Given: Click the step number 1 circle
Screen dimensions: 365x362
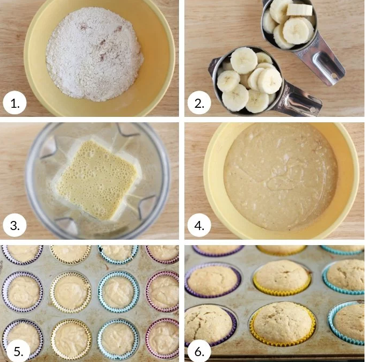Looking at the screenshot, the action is [x=15, y=102].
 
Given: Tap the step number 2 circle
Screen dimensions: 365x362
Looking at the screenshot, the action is [x=199, y=102].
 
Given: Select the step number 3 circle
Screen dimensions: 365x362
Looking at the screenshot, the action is [x=15, y=225].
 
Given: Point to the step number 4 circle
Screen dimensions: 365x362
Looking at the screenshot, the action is [x=199, y=225].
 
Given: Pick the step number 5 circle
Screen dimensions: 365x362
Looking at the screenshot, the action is [x=18, y=351].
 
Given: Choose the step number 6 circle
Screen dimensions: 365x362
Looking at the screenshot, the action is [x=199, y=351].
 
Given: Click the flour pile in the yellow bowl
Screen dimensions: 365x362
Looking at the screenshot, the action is [x=94, y=54].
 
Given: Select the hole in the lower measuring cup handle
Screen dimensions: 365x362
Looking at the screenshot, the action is [x=313, y=109].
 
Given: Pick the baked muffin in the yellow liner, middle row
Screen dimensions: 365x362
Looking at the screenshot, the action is [x=282, y=277].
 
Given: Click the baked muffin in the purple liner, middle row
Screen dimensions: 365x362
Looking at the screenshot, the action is [x=212, y=280].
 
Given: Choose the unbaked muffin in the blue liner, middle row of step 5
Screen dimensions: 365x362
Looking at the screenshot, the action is [x=118, y=292].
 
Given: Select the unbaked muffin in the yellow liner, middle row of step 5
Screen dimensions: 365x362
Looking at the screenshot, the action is [x=70, y=292].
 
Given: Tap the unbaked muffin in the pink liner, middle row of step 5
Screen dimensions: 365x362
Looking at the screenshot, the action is [x=163, y=291].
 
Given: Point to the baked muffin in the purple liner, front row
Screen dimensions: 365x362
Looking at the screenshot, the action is [x=210, y=324].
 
